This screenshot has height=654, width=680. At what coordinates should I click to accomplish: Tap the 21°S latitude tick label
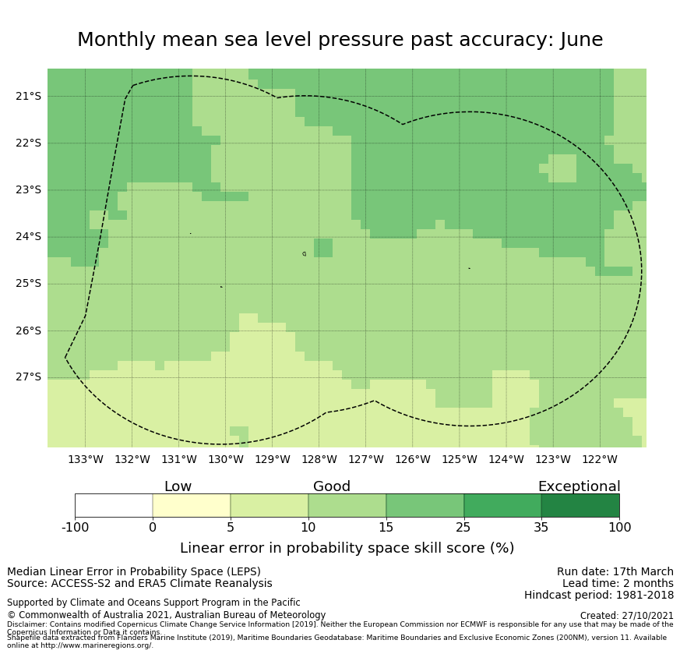(28, 96)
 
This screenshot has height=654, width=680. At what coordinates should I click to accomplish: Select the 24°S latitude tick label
(28, 236)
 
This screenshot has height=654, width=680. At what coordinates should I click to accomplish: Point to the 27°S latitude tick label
(28, 376)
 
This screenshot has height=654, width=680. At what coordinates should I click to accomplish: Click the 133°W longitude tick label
(85, 459)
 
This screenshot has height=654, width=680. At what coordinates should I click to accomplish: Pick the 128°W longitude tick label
(319, 459)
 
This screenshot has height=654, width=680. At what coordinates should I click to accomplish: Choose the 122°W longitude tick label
(599, 459)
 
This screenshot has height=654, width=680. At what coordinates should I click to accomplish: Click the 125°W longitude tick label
(459, 459)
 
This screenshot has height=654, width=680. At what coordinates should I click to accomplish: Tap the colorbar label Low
(178, 486)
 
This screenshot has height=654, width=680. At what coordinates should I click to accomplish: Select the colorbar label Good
(332, 486)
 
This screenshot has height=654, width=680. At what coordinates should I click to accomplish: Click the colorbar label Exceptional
(579, 486)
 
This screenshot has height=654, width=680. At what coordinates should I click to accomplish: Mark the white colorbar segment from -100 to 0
(114, 505)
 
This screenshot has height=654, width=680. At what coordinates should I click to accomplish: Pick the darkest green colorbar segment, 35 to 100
(580, 505)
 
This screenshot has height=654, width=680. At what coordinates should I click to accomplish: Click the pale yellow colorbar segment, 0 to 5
(192, 505)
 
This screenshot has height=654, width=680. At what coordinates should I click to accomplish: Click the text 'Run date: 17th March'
(615, 571)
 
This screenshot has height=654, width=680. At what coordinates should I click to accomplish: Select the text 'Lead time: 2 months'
(618, 583)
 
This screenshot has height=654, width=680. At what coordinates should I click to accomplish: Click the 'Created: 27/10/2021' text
(626, 615)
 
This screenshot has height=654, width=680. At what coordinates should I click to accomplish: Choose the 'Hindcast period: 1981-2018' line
(598, 595)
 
